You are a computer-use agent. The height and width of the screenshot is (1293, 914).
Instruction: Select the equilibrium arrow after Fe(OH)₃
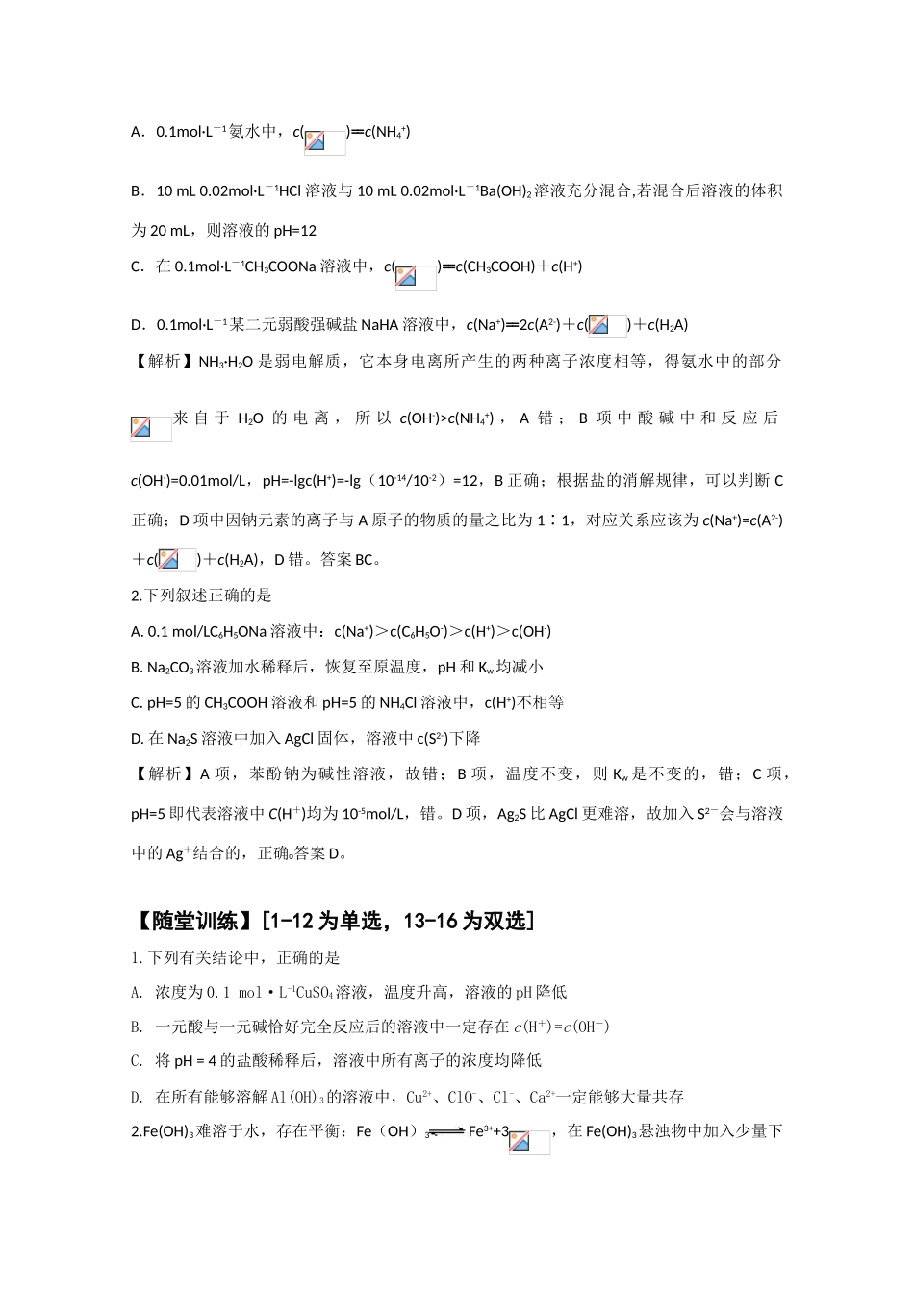445,1132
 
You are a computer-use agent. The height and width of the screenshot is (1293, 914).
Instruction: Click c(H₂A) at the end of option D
668,325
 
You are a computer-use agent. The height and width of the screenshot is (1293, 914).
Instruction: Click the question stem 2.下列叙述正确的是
202,596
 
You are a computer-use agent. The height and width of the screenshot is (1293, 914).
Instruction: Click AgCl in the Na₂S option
262,739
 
